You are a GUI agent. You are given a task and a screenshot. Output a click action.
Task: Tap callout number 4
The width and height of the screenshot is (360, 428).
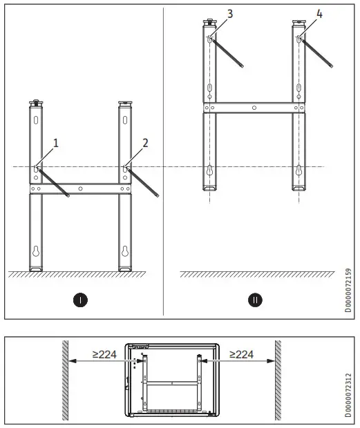point(300,13)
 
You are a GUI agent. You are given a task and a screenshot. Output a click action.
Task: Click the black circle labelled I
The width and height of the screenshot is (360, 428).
point(81,301)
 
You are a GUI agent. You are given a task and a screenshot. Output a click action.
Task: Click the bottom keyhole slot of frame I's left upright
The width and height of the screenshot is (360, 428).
point(36,251)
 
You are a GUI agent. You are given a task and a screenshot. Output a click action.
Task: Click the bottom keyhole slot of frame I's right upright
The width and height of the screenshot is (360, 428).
point(126,251)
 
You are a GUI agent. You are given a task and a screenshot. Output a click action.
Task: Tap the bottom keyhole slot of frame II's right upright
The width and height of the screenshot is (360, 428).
point(299,171)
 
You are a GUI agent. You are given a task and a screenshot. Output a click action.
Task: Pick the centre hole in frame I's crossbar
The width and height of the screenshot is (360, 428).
point(81,188)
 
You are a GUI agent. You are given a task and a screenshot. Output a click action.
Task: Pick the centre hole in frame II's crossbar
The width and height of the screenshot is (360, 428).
point(254,107)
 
